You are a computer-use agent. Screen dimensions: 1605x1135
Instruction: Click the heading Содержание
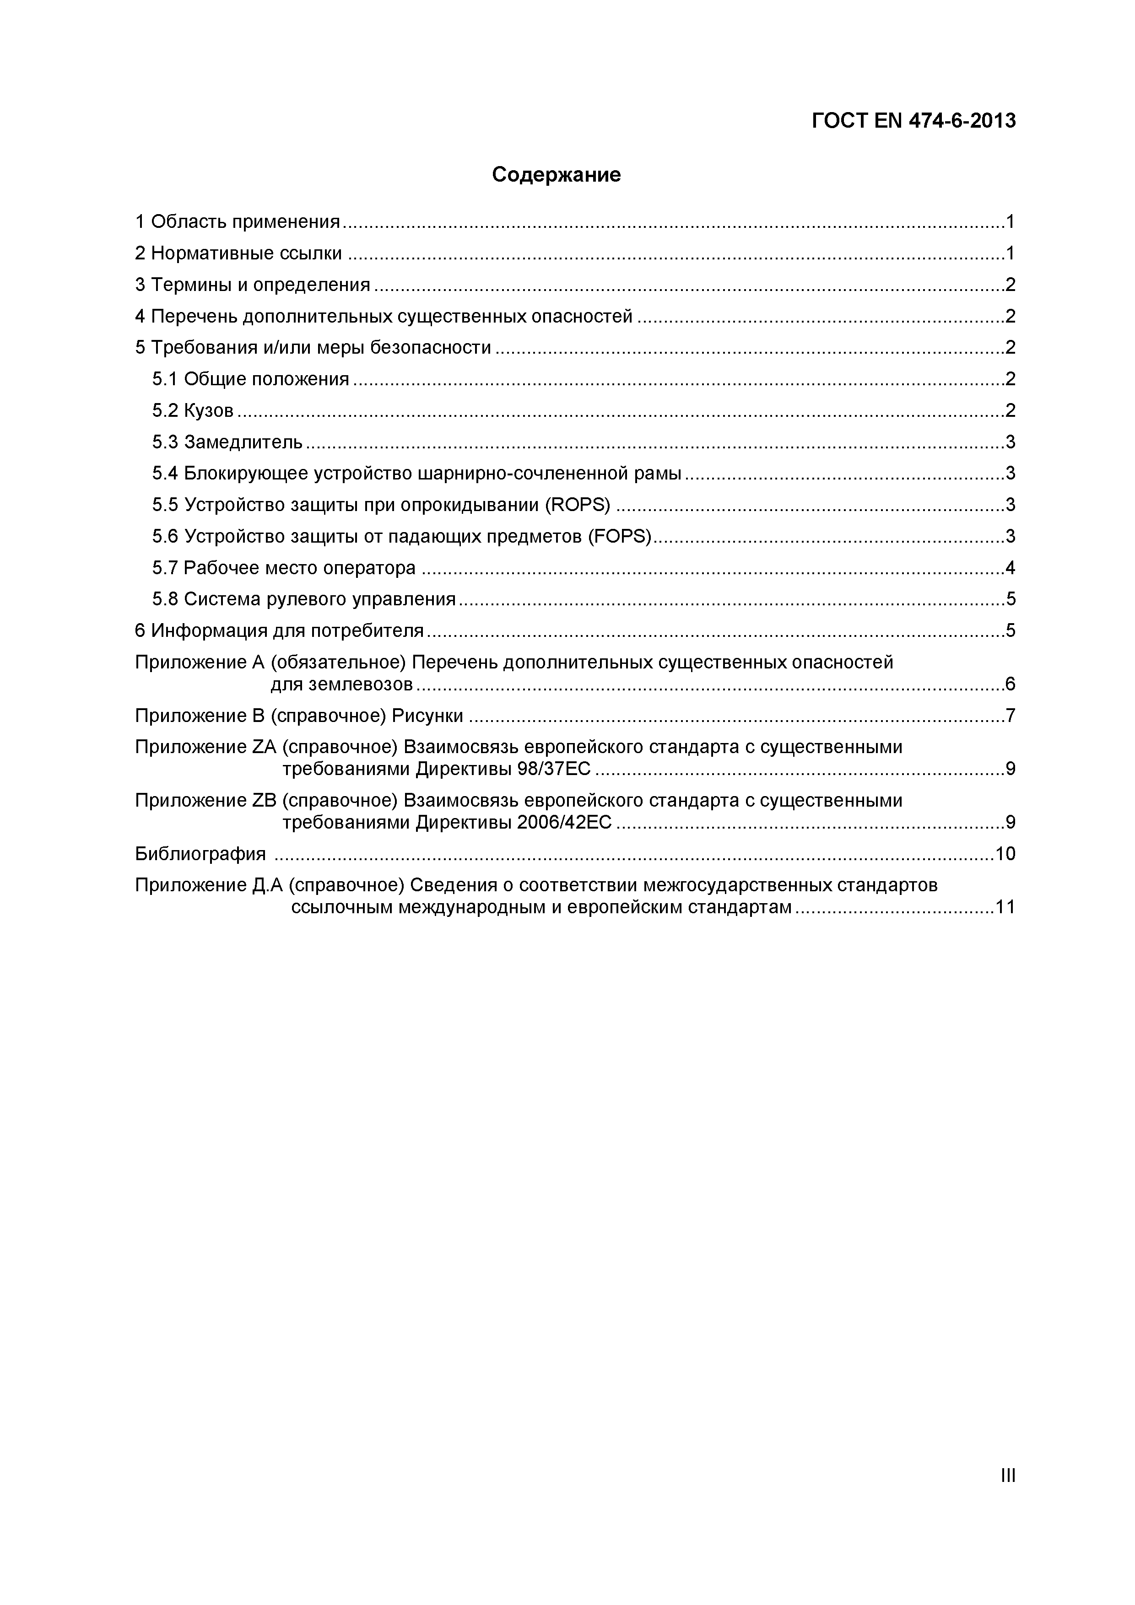(x=556, y=175)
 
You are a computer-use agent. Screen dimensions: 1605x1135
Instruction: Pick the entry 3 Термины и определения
(x=253, y=285)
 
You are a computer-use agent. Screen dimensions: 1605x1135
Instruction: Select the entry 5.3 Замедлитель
(x=227, y=442)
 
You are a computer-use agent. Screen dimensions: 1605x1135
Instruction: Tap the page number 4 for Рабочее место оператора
(x=1010, y=568)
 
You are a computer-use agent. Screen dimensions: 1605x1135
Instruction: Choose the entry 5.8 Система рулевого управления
(x=303, y=599)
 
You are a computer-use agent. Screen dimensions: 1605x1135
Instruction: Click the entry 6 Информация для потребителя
(x=279, y=630)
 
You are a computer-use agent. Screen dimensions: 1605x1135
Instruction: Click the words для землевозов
(x=342, y=684)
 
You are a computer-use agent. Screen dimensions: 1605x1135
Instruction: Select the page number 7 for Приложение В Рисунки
(x=1010, y=716)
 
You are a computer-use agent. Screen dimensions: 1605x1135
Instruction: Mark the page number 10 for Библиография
(x=1005, y=854)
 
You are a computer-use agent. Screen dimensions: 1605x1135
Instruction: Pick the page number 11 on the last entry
(x=1005, y=907)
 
